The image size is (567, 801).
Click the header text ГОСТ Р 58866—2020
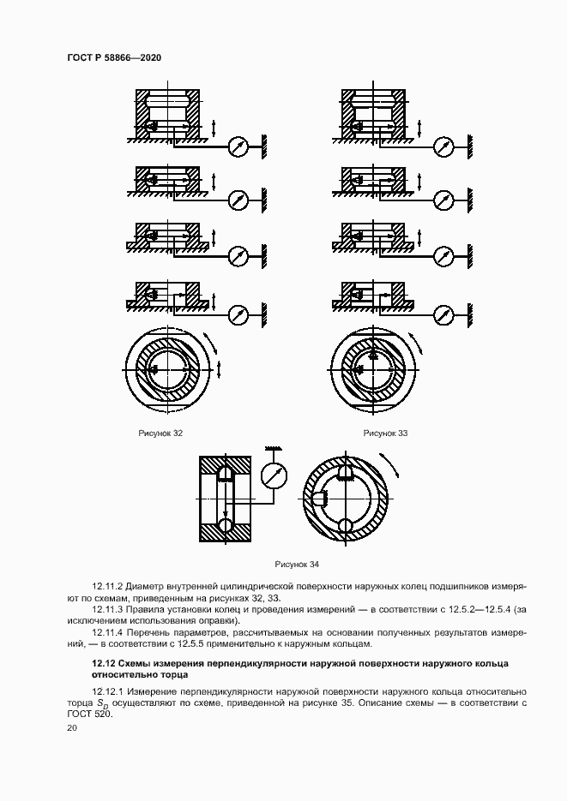[x=114, y=57]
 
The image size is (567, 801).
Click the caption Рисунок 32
[x=160, y=433]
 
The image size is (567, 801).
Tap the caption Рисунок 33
[x=385, y=433]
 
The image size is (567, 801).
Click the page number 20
[x=72, y=727]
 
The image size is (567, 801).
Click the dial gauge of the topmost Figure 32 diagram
[x=238, y=146]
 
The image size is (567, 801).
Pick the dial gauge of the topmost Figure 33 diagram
[x=443, y=146]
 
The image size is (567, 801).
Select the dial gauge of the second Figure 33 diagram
[x=443, y=200]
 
